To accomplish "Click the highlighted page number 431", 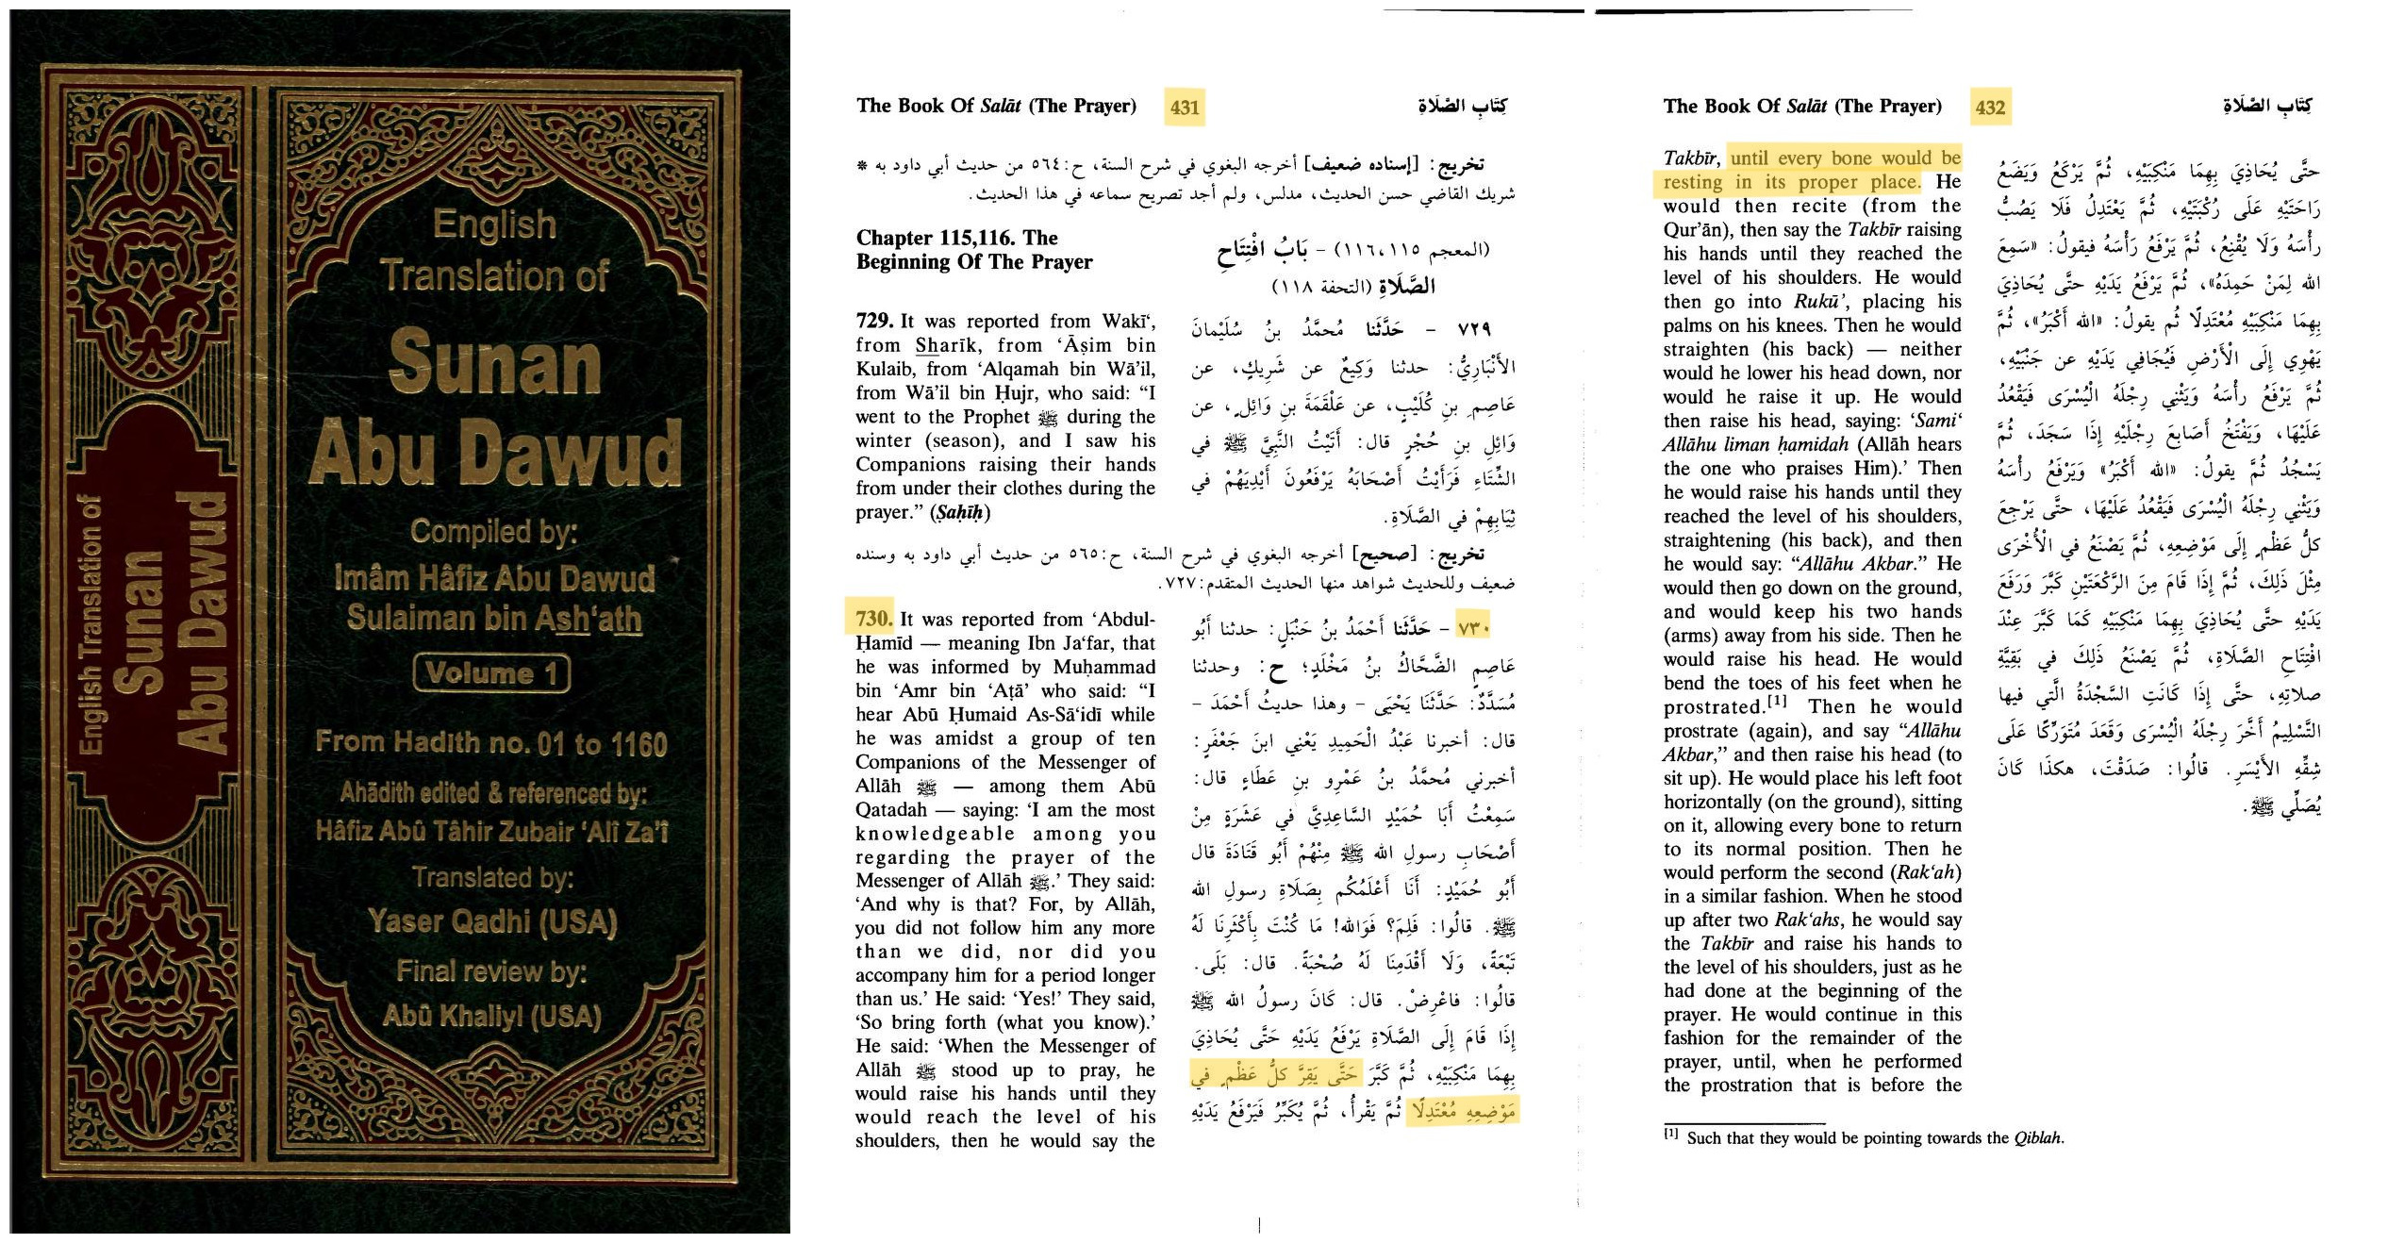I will click(x=1185, y=108).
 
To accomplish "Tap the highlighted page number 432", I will click(x=1990, y=108).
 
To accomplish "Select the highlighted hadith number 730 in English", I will click(x=873, y=619).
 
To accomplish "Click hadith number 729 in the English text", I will click(x=874, y=321).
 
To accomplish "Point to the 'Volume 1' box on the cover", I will click(x=491, y=673).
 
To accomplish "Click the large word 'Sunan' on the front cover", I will click(x=494, y=364).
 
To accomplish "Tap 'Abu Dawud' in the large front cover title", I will click(x=494, y=453).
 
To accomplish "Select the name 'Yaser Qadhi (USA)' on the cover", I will click(x=492, y=920).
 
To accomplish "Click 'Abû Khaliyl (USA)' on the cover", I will click(x=491, y=1016).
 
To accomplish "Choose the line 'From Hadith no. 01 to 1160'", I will click(x=491, y=743).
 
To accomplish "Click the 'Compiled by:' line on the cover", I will click(x=493, y=533).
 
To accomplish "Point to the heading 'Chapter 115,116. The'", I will click(x=956, y=238).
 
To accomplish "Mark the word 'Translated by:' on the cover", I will click(x=492, y=878).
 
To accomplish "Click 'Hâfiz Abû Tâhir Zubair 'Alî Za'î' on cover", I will click(x=491, y=832).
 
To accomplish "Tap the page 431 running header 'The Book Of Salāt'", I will click(x=995, y=106).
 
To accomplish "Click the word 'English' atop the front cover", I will click(x=494, y=224).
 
